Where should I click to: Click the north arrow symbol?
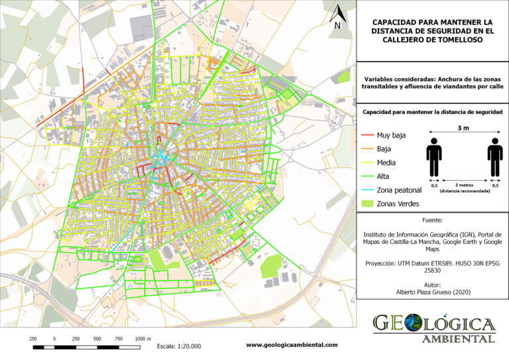click(x=337, y=18)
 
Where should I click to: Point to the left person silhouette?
click(x=434, y=157)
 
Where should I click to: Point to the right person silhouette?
click(x=494, y=157)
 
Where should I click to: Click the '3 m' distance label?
click(x=464, y=127)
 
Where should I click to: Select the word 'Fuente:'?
click(x=432, y=219)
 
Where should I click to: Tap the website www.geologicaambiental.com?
click(x=292, y=345)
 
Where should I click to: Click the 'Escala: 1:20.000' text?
click(x=179, y=346)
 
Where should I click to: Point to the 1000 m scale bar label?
click(x=142, y=338)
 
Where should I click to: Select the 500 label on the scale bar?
click(x=97, y=338)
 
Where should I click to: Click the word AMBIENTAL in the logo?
click(x=458, y=339)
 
